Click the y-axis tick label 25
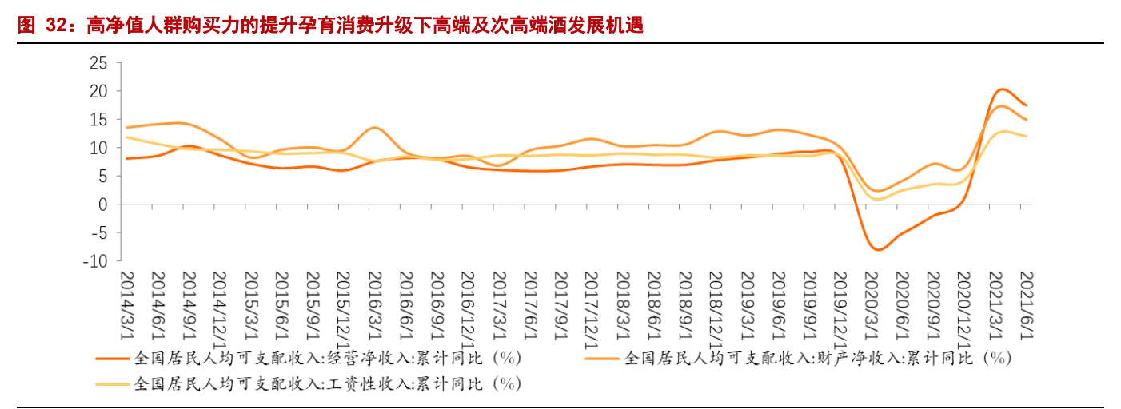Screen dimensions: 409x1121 pos(98,63)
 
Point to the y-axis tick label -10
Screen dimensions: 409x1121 pos(95,261)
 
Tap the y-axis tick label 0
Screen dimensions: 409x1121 pos(102,204)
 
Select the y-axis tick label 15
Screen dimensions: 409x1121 pos(98,120)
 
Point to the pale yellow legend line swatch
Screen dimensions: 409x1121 pos(113,385)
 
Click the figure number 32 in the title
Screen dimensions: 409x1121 pos(55,26)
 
